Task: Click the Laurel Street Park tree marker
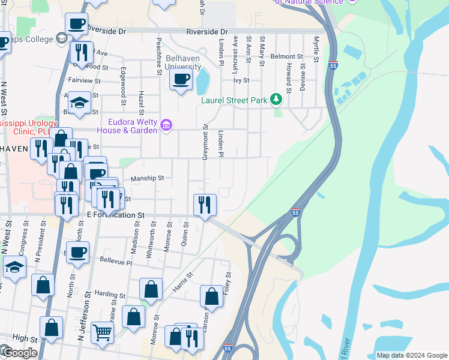276,99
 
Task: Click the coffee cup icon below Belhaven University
181,79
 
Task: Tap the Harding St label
109,294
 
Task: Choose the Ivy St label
241,79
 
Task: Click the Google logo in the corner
19,353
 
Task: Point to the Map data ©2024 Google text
412,355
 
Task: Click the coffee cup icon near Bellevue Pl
77,251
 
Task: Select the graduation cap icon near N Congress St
14,266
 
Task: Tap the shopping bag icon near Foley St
211,296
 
